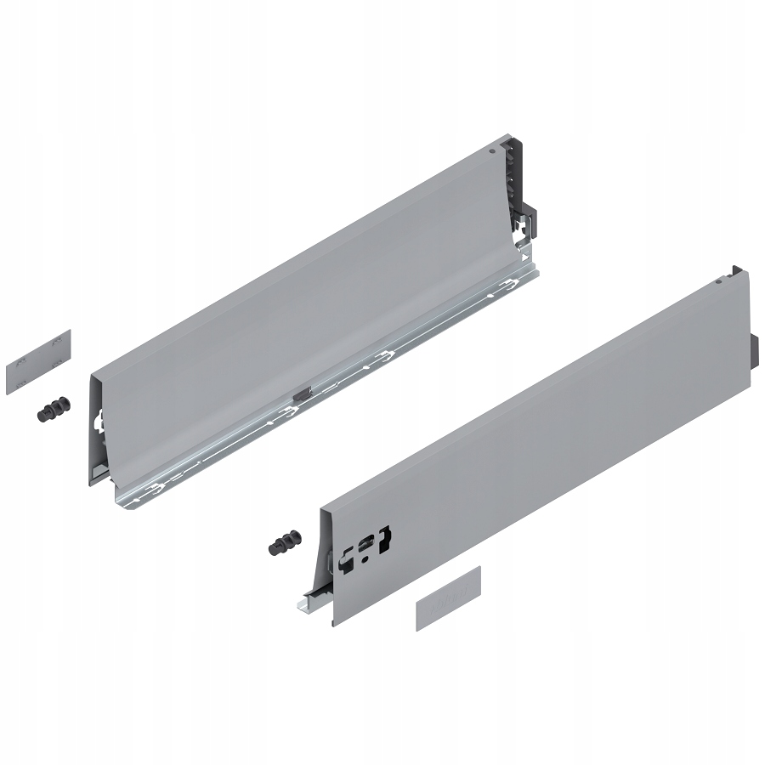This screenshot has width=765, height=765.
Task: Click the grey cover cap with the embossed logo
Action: pyautogui.click(x=449, y=598)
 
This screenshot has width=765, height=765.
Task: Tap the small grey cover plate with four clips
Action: pyautogui.click(x=38, y=361)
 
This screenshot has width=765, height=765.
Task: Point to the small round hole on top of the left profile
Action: pyautogui.click(x=492, y=154)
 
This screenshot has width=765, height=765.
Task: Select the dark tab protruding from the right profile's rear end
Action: pyautogui.click(x=754, y=352)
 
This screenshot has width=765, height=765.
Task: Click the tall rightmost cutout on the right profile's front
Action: pyautogui.click(x=385, y=541)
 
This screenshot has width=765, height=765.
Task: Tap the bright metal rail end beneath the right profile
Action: pyautogui.click(x=303, y=604)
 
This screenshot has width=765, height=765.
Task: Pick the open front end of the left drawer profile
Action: pyautogui.click(x=99, y=425)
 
